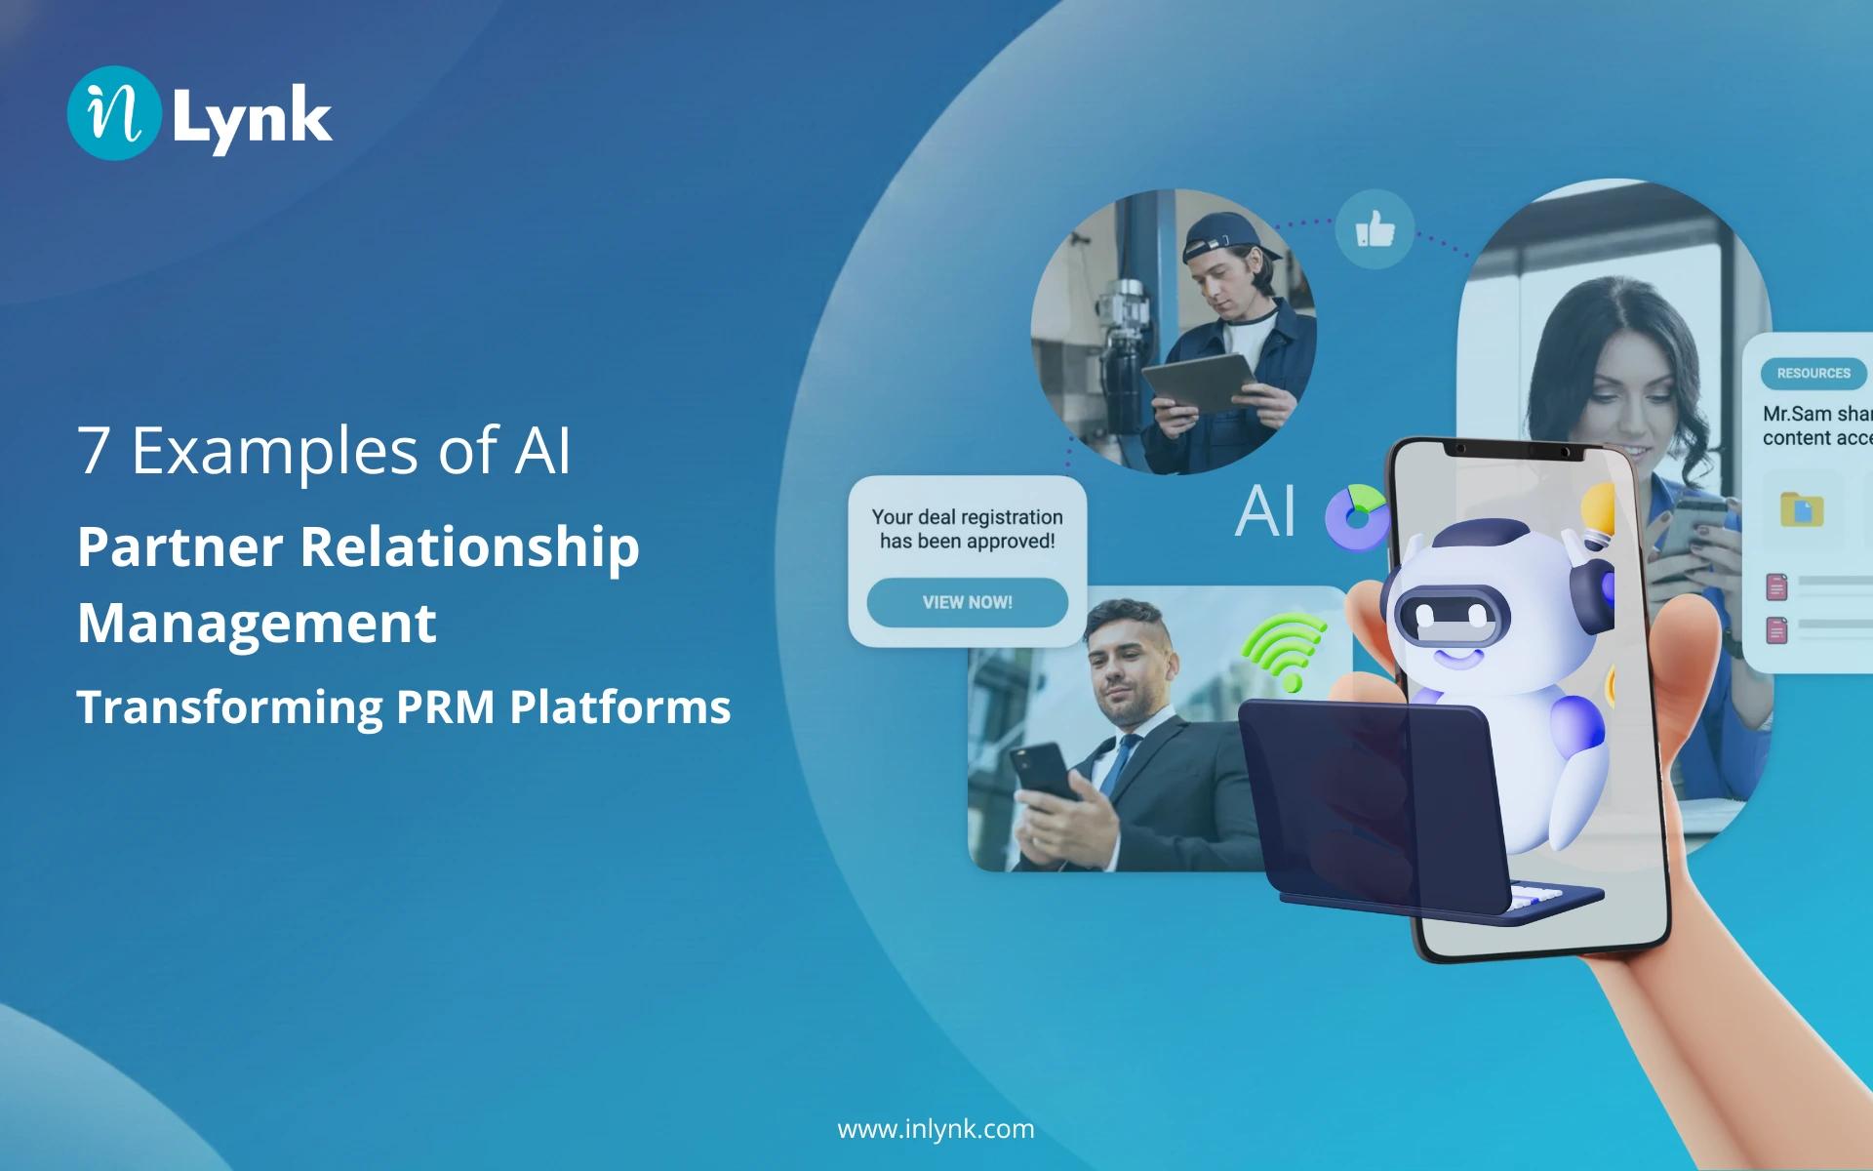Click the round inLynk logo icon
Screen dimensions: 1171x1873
113,113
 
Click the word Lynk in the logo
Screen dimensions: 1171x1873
252,117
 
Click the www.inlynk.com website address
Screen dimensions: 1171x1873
936,1129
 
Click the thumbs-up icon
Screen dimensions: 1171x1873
1375,230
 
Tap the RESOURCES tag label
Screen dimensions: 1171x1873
1813,373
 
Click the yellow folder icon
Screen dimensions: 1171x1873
1801,509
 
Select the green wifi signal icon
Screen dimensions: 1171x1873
1283,649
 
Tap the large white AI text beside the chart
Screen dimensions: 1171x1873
1265,510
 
